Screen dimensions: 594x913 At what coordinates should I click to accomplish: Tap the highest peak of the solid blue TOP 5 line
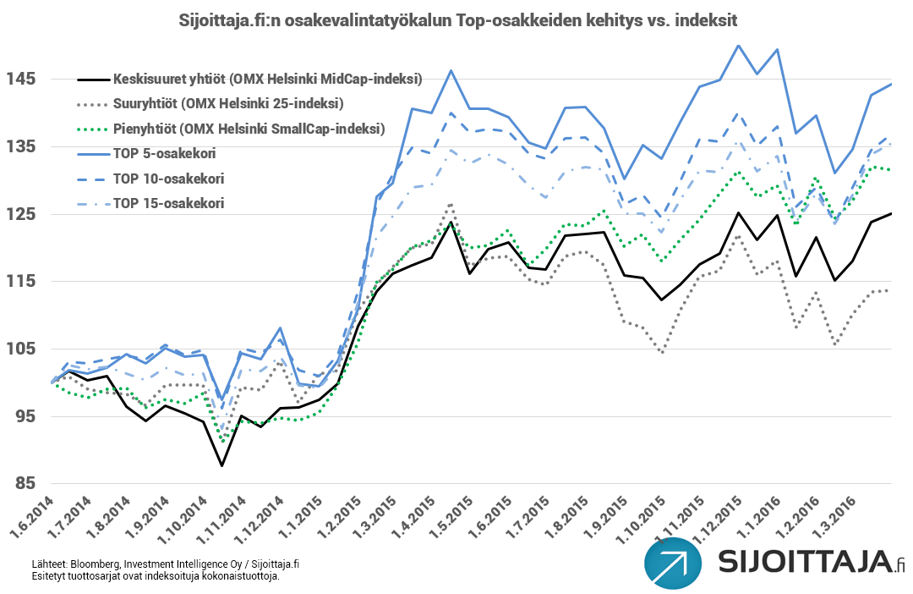[738, 46]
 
